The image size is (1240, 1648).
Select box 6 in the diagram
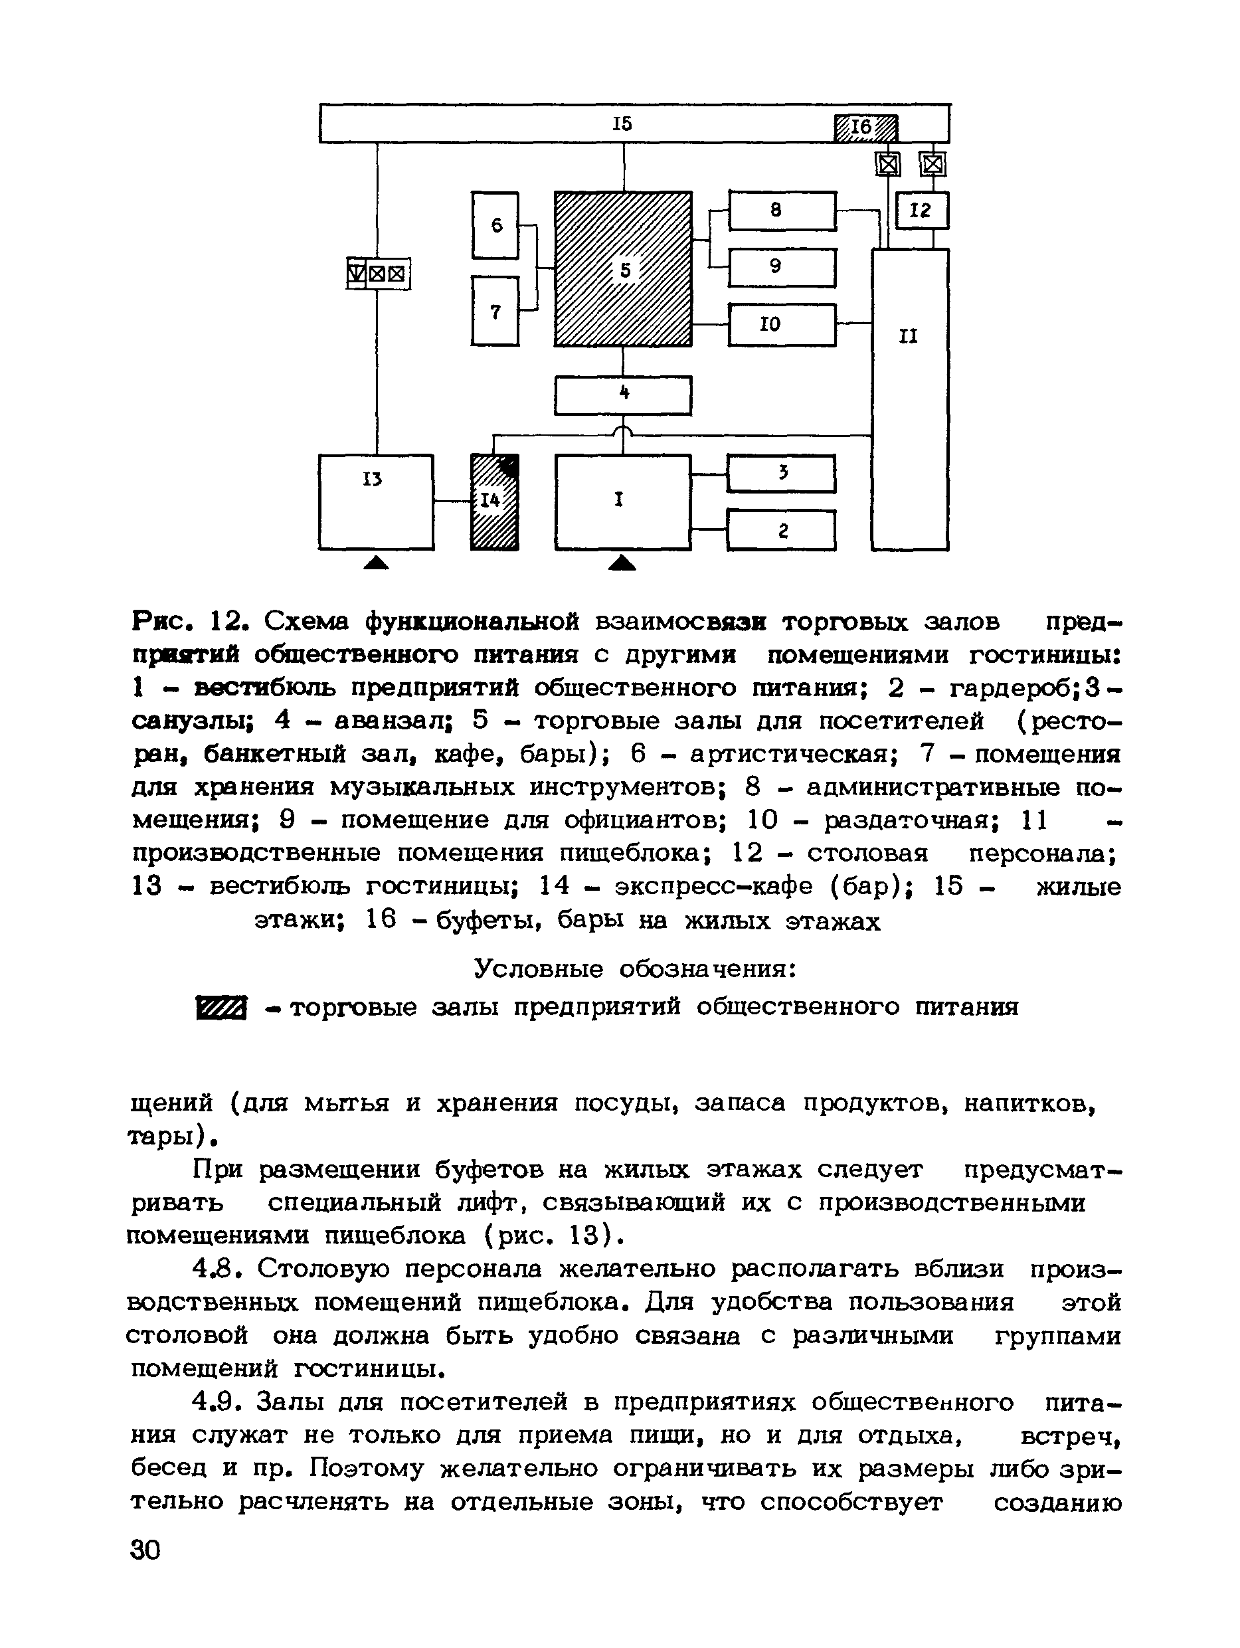[x=495, y=225]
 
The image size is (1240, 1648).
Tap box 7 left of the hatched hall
[x=495, y=311]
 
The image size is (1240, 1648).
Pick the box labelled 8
[x=782, y=210]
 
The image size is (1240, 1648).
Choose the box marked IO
[x=782, y=324]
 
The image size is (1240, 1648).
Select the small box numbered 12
[x=922, y=210]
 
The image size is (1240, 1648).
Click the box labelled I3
[x=375, y=501]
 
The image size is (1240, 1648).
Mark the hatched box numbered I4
[x=495, y=502]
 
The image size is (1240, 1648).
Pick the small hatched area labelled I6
[x=865, y=128]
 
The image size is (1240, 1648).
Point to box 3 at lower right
[x=781, y=474]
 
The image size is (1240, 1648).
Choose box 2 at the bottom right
[x=781, y=529]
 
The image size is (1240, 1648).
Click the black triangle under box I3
[x=376, y=563]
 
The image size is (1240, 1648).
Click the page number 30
[x=145, y=1550]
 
